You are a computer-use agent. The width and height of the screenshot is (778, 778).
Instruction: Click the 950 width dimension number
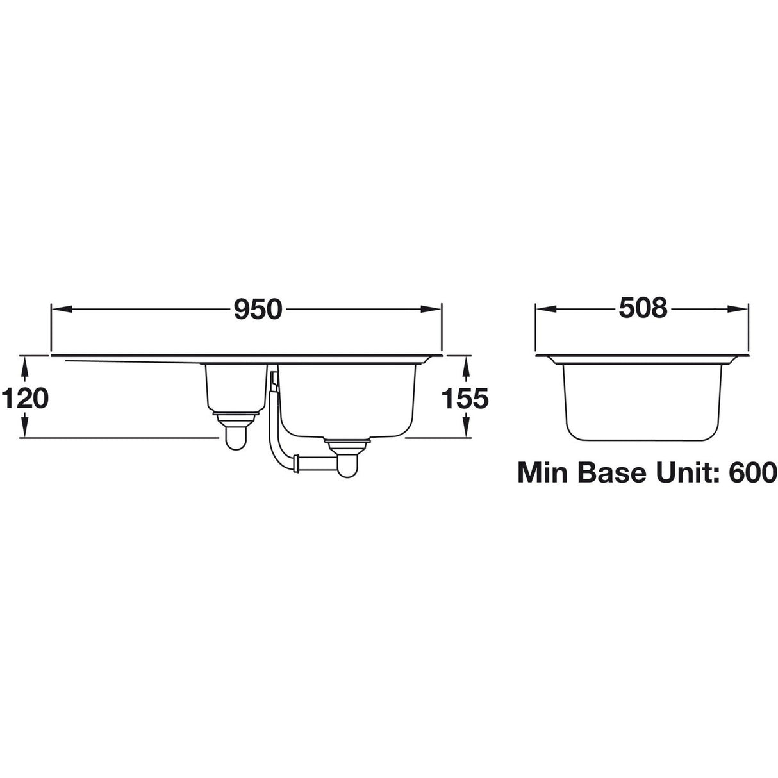258,310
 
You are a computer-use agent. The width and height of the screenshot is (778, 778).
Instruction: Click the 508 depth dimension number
643,309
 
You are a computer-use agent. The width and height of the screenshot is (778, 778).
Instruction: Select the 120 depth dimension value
25,399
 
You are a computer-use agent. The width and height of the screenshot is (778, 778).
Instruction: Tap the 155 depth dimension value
466,399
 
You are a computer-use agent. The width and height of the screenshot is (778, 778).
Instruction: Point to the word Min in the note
543,474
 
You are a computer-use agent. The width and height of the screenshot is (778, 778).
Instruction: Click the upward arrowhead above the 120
25,364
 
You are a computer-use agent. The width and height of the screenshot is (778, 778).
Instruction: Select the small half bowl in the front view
235,387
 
